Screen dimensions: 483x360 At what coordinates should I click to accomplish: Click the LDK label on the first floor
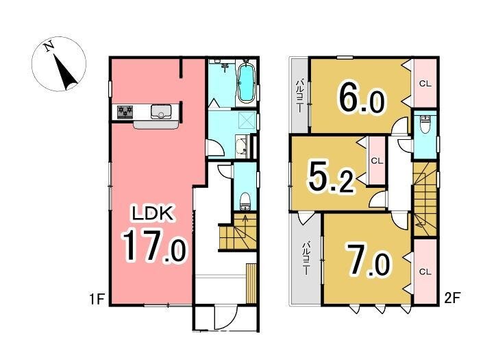pos(153,213)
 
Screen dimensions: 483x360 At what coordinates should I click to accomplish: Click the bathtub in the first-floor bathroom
pos(247,83)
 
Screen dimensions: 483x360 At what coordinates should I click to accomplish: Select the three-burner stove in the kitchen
pos(125,112)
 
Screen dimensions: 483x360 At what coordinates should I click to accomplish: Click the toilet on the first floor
pos(245,202)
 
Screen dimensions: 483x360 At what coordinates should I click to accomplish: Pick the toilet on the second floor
pos(425,125)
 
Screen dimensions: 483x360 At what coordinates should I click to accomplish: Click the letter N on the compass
pos(49,46)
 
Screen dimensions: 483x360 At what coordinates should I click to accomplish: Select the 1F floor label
pos(97,299)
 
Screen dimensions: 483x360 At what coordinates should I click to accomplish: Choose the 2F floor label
pos(452,298)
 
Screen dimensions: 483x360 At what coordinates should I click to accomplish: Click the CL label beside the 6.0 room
pos(425,84)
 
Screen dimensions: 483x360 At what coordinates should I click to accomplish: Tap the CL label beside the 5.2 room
pos(377,161)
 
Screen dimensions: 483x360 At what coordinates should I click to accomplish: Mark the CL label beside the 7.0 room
pos(425,272)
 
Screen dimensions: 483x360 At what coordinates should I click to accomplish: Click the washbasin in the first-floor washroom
pos(241,146)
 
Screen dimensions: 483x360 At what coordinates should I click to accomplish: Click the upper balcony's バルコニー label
pos(299,97)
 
